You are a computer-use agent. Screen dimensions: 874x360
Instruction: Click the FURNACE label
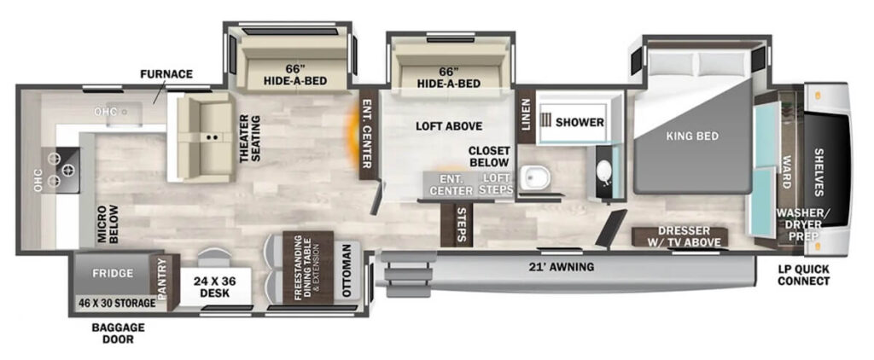[166, 73]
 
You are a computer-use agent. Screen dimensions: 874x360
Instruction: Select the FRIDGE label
[114, 274]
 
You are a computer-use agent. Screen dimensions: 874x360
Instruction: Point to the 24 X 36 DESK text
[215, 287]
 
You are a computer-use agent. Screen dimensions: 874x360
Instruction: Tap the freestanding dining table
[308, 268]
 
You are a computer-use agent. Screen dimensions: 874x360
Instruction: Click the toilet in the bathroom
[533, 177]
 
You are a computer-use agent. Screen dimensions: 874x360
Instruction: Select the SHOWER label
[580, 122]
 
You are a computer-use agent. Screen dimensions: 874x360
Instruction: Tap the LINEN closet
[525, 115]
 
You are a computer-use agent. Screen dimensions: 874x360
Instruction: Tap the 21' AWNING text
[562, 268]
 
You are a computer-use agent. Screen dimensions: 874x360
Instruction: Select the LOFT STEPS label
[497, 184]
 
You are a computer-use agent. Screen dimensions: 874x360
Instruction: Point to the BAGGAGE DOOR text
[118, 333]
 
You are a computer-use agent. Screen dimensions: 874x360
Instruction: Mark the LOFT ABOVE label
[449, 126]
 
